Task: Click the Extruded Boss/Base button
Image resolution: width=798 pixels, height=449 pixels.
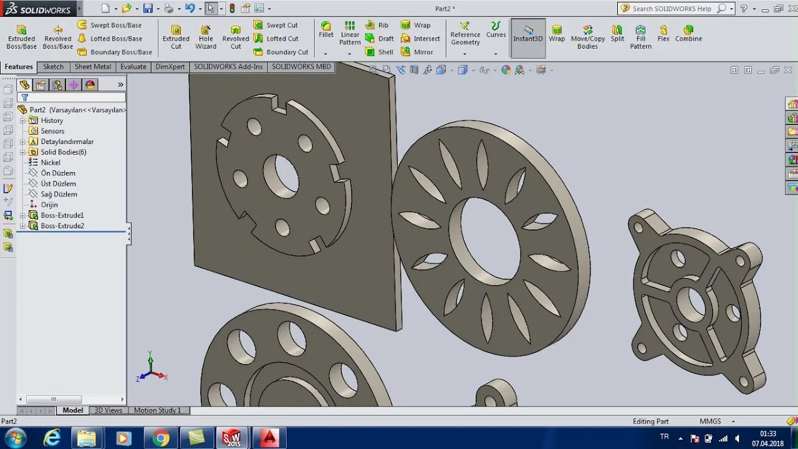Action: click(21, 37)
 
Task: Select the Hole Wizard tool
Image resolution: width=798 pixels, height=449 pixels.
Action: click(206, 37)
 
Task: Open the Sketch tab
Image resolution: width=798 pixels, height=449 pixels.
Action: click(53, 67)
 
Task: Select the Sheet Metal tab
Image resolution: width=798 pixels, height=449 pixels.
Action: click(93, 67)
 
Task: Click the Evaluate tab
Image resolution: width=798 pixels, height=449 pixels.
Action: click(133, 67)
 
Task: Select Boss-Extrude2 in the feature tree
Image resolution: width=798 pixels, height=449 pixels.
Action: click(62, 226)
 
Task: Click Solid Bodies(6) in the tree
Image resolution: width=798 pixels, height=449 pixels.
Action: click(64, 152)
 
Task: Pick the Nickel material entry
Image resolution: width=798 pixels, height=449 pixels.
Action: click(50, 163)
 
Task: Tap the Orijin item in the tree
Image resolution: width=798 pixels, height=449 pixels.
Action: click(49, 205)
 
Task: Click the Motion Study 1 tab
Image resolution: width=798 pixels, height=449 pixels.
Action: click(157, 410)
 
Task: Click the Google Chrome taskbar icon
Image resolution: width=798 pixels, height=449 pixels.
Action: click(161, 438)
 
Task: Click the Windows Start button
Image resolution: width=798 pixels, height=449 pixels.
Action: click(15, 438)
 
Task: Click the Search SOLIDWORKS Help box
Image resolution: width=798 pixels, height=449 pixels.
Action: click(671, 9)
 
